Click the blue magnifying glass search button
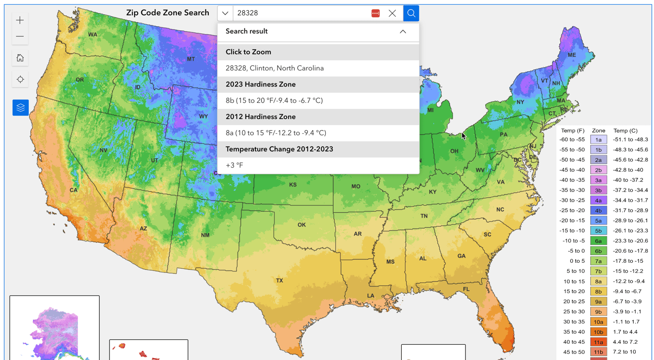pyautogui.click(x=411, y=13)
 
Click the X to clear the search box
pyautogui.click(x=392, y=14)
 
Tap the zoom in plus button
pyautogui.click(x=20, y=20)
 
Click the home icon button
pyautogui.click(x=20, y=58)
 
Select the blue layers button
pyautogui.click(x=20, y=107)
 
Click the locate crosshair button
pyautogui.click(x=20, y=79)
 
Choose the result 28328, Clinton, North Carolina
pyautogui.click(x=275, y=68)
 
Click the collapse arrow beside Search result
pyautogui.click(x=403, y=31)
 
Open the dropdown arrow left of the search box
pyautogui.click(x=225, y=13)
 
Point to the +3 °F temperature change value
pyautogui.click(x=235, y=165)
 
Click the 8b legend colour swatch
pyautogui.click(x=598, y=292)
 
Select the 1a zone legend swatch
pyautogui.click(x=598, y=140)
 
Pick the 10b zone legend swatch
pyautogui.click(x=598, y=332)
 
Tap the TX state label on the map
pyautogui.click(x=279, y=281)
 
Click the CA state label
pyautogui.click(x=73, y=190)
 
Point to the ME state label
pyautogui.click(x=571, y=55)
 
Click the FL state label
pyautogui.click(x=466, y=289)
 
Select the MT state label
pyautogui.click(x=190, y=59)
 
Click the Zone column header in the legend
pyautogui.click(x=598, y=131)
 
